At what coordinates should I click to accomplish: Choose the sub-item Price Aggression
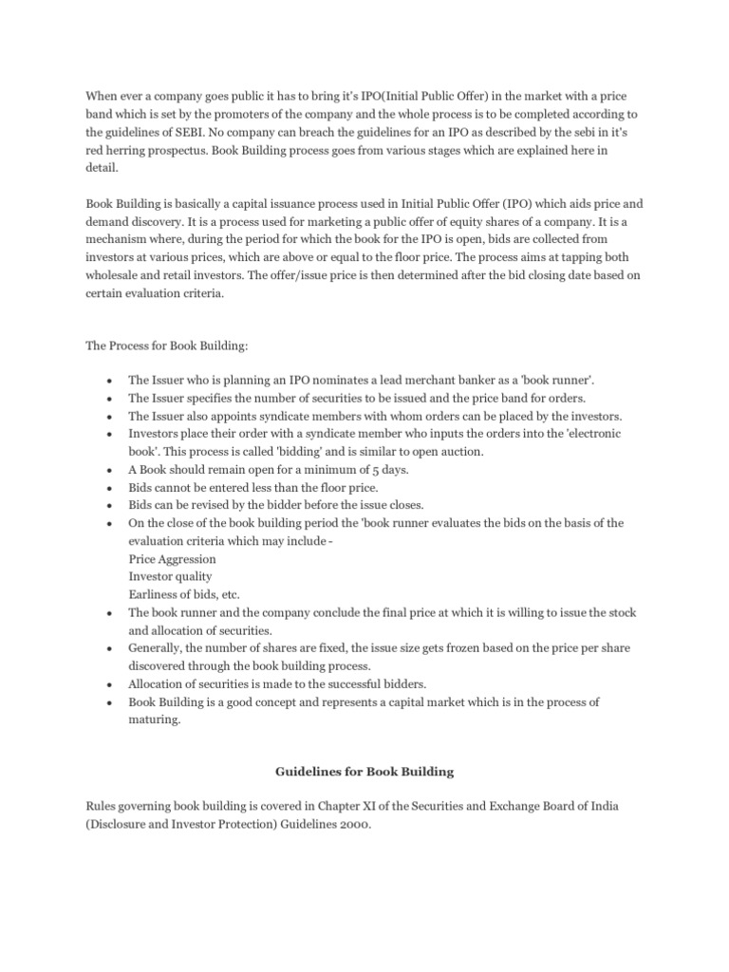172,558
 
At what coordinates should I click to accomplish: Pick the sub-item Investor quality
170,576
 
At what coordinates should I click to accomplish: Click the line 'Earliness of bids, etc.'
184,594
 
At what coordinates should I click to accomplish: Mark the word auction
436,451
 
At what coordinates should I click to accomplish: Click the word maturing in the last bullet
155,720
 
